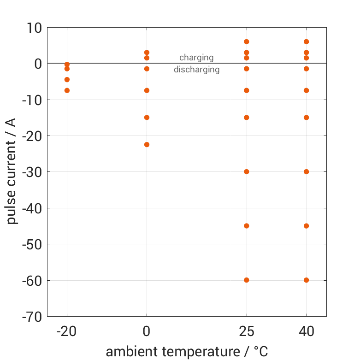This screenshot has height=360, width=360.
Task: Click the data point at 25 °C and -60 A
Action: pos(247,280)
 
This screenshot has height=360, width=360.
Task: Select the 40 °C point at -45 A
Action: pos(306,226)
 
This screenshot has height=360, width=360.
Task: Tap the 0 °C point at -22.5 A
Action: pos(147,145)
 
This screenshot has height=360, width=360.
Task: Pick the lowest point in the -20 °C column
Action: pos(67,90)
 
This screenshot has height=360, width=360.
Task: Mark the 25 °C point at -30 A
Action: pos(247,172)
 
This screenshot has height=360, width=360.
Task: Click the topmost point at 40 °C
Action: pos(306,42)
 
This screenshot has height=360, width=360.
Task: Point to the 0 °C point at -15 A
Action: pos(147,118)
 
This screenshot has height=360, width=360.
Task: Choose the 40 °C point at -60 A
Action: pos(306,280)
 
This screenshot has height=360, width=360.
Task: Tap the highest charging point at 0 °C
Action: pos(147,53)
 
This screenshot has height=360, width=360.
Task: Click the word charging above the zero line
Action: pos(196,58)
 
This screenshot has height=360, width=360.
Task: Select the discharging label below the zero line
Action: pos(196,70)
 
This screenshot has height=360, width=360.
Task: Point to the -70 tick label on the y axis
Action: pos(32,317)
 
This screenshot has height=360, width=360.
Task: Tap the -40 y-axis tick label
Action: pos(32,208)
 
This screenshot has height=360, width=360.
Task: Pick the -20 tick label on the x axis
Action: pos(67,331)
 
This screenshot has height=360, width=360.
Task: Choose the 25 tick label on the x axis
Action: pos(247,331)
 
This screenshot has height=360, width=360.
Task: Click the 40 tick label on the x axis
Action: pos(306,331)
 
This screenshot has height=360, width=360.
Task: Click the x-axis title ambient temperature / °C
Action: pos(187,352)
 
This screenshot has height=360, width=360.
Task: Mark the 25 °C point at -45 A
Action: pos(247,226)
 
